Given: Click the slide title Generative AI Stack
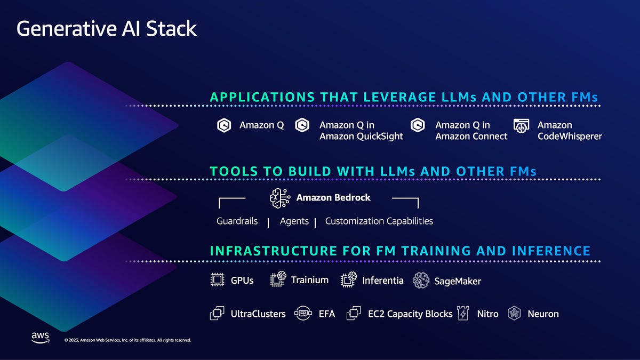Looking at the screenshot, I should pos(107,28).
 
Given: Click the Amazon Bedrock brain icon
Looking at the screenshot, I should pos(279,198).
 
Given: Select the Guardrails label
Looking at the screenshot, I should pos(237,221).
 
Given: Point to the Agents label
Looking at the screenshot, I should pos(294,221).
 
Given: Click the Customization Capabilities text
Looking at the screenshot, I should pos(379,221).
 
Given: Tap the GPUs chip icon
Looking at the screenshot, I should pos(217,280).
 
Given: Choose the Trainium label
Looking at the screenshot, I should pos(310,279).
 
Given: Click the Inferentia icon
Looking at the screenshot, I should pos(348,280).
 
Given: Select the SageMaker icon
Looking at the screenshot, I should pos(421,281).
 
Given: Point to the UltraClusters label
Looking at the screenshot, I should pos(258,314).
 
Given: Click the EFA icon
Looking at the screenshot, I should pos(303,314).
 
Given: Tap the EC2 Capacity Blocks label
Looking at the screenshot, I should pos(410,314).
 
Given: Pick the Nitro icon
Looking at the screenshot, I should pos(462,314).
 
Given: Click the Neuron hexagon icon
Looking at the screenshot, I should pos(514,314).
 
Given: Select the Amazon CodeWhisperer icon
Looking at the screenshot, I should pos(521,125).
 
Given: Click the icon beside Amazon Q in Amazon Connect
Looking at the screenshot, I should pos(418,125).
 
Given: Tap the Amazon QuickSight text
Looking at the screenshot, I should pos(361,136).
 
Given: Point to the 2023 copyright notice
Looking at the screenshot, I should pos(127,340).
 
